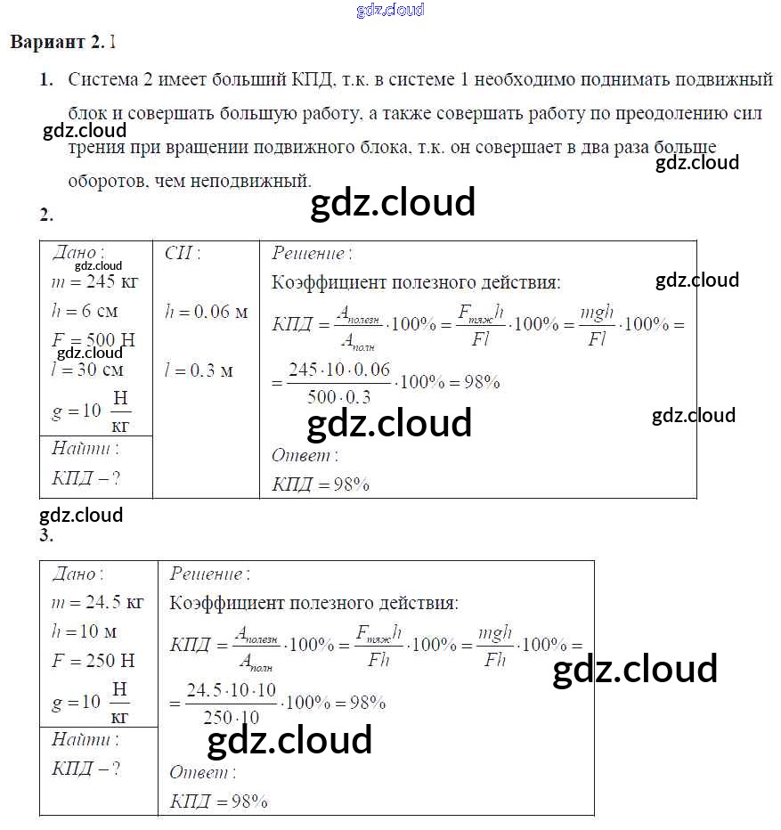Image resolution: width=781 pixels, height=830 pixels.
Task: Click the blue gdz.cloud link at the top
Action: coord(390,10)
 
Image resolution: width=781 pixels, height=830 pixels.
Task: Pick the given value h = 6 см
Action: coord(85,312)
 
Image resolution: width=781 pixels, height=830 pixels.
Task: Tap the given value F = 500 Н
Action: coord(93,341)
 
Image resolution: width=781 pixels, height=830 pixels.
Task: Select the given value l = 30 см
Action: coord(88,370)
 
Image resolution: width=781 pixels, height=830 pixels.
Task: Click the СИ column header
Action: coord(183,253)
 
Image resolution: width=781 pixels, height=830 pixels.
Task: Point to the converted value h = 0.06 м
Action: coord(206,312)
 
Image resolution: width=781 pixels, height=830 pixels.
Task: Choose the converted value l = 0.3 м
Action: coord(199,370)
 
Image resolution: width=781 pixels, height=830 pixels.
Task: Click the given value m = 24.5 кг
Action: coord(98,602)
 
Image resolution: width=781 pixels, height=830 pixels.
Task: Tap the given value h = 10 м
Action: coord(85,631)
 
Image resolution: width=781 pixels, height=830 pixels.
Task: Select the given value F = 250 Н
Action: coord(93,660)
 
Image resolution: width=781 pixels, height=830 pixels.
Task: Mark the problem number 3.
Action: coord(46,536)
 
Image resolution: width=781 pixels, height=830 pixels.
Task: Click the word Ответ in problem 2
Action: coord(303,455)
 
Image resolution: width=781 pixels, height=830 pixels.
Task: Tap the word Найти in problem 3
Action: coord(84,739)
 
